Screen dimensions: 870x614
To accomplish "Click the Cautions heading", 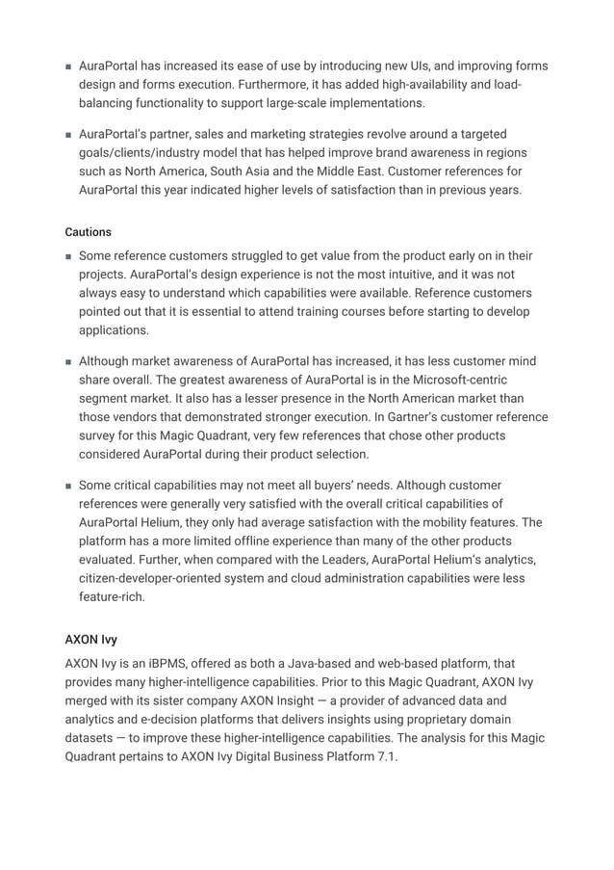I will point(88,232).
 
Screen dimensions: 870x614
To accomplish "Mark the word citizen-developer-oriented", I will point(159,577).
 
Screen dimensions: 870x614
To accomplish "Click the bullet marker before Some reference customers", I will point(69,257).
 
